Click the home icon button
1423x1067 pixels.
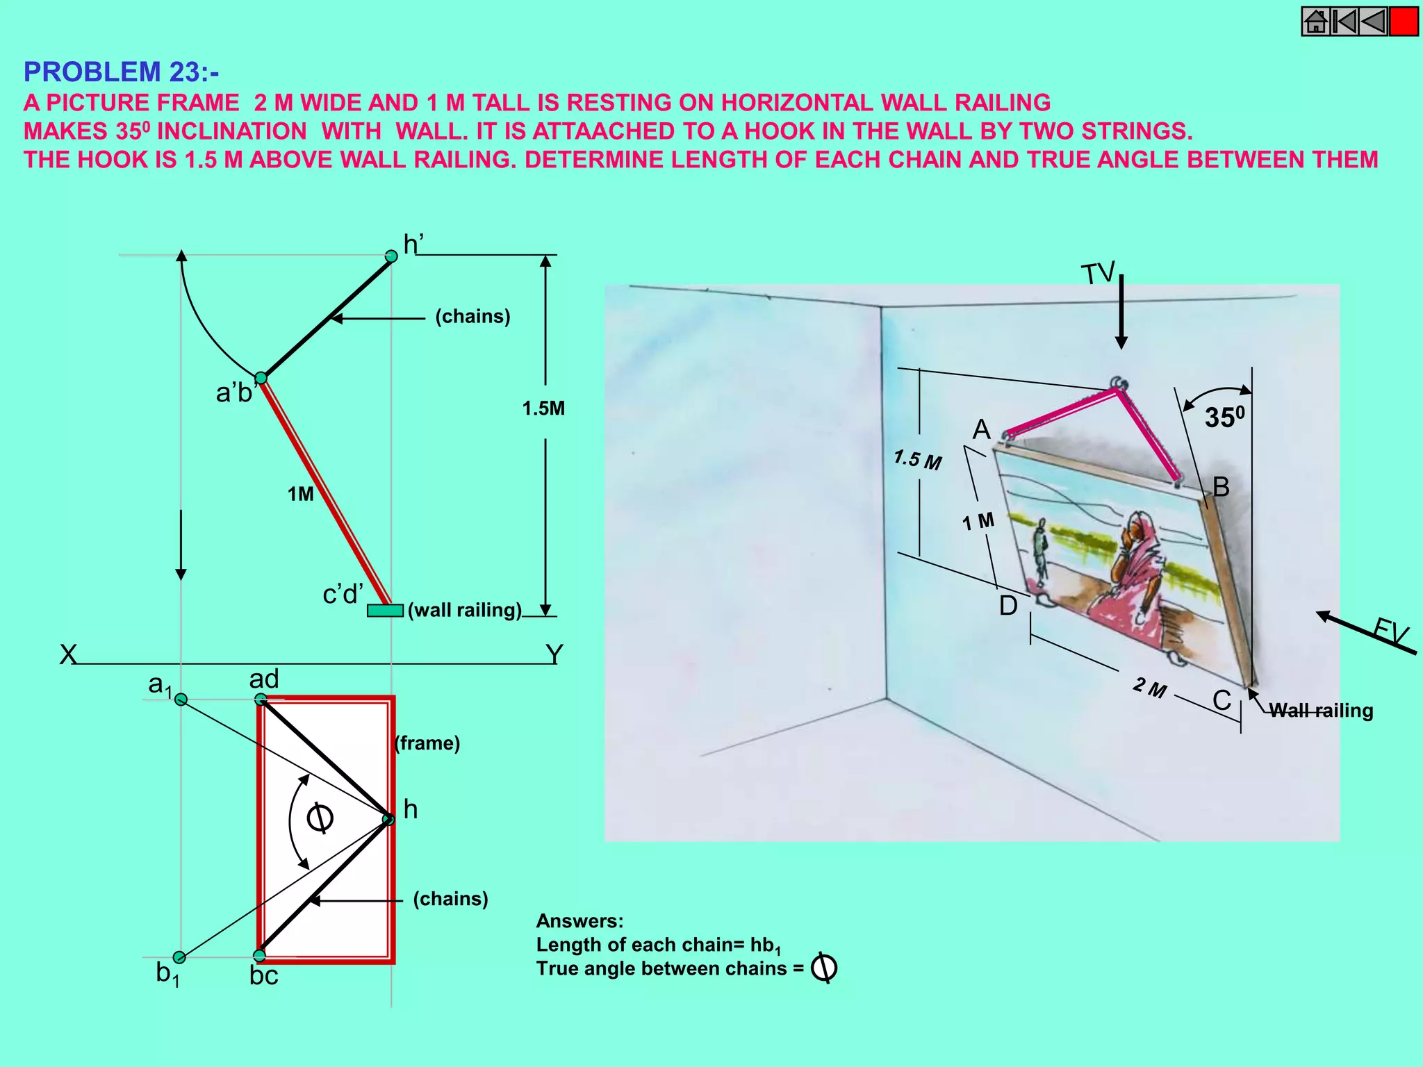pyautogui.click(x=1315, y=22)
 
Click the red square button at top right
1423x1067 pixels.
pyautogui.click(x=1404, y=22)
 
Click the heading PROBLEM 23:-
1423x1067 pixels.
pyautogui.click(x=121, y=72)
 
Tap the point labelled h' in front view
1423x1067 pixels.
pyautogui.click(x=391, y=256)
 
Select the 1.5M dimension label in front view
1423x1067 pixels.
pyautogui.click(x=543, y=408)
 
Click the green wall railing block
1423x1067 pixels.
pyautogui.click(x=385, y=611)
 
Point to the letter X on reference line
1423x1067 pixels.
pyautogui.click(x=67, y=654)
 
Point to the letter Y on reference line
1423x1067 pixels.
pyautogui.click(x=554, y=654)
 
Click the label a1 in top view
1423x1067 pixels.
pyautogui.click(x=160, y=685)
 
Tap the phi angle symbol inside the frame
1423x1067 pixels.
pyautogui.click(x=320, y=818)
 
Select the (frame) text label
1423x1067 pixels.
pyautogui.click(x=427, y=743)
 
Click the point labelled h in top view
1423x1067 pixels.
pyautogui.click(x=388, y=820)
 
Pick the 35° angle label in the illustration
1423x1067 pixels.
pyautogui.click(x=1224, y=417)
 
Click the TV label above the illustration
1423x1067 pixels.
pyautogui.click(x=1098, y=274)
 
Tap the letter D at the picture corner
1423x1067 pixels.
pyautogui.click(x=1007, y=606)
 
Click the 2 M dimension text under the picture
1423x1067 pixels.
pyautogui.click(x=1149, y=688)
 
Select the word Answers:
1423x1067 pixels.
pyautogui.click(x=579, y=921)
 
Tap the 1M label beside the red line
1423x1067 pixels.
pyautogui.click(x=300, y=494)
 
